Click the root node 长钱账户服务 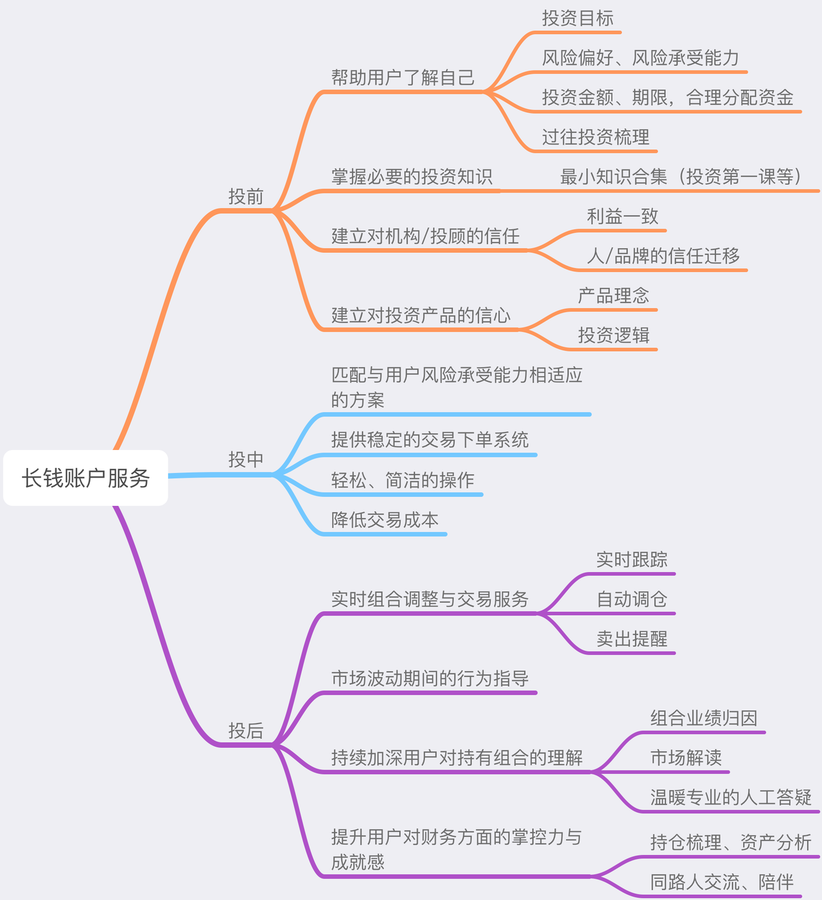coord(85,478)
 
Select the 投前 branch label coord(246,196)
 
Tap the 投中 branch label coord(246,460)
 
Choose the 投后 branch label coord(246,731)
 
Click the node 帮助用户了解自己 coord(403,78)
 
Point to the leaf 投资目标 coord(577,18)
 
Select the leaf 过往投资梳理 coord(595,137)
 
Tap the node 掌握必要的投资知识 coord(412,177)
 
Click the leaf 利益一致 coord(622,216)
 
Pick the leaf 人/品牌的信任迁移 coord(663,256)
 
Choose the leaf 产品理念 coord(613,296)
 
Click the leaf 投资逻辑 coord(613,335)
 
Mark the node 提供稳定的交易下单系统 coord(430,440)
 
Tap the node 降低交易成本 coord(385,519)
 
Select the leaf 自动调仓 coord(631,599)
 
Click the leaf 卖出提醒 coord(631,639)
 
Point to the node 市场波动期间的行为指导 coord(430,679)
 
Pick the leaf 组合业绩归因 coord(703,718)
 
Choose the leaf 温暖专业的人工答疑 coord(731,797)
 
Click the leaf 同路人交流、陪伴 coord(721,882)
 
